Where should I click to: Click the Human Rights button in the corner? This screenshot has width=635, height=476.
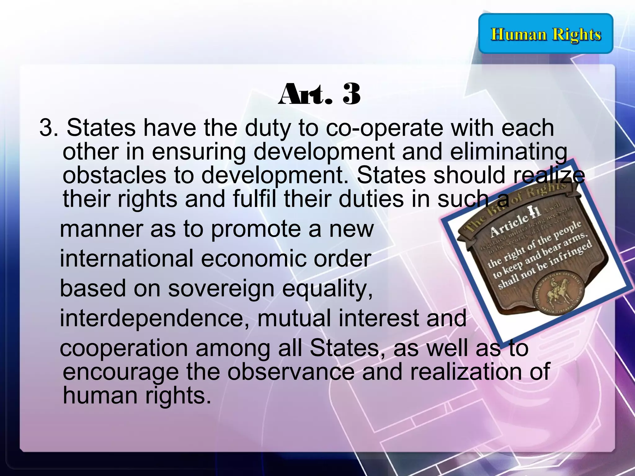546,34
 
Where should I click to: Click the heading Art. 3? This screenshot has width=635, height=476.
319,94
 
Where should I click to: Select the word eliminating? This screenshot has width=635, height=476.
508,152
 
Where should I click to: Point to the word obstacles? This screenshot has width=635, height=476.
114,175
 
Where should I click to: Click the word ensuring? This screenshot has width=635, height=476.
199,152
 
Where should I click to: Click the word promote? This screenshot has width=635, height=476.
255,229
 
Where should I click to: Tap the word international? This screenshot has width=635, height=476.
127,258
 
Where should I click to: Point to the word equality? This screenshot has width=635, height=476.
327,288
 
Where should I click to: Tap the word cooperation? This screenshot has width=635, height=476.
124,348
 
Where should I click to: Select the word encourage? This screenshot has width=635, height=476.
121,372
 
